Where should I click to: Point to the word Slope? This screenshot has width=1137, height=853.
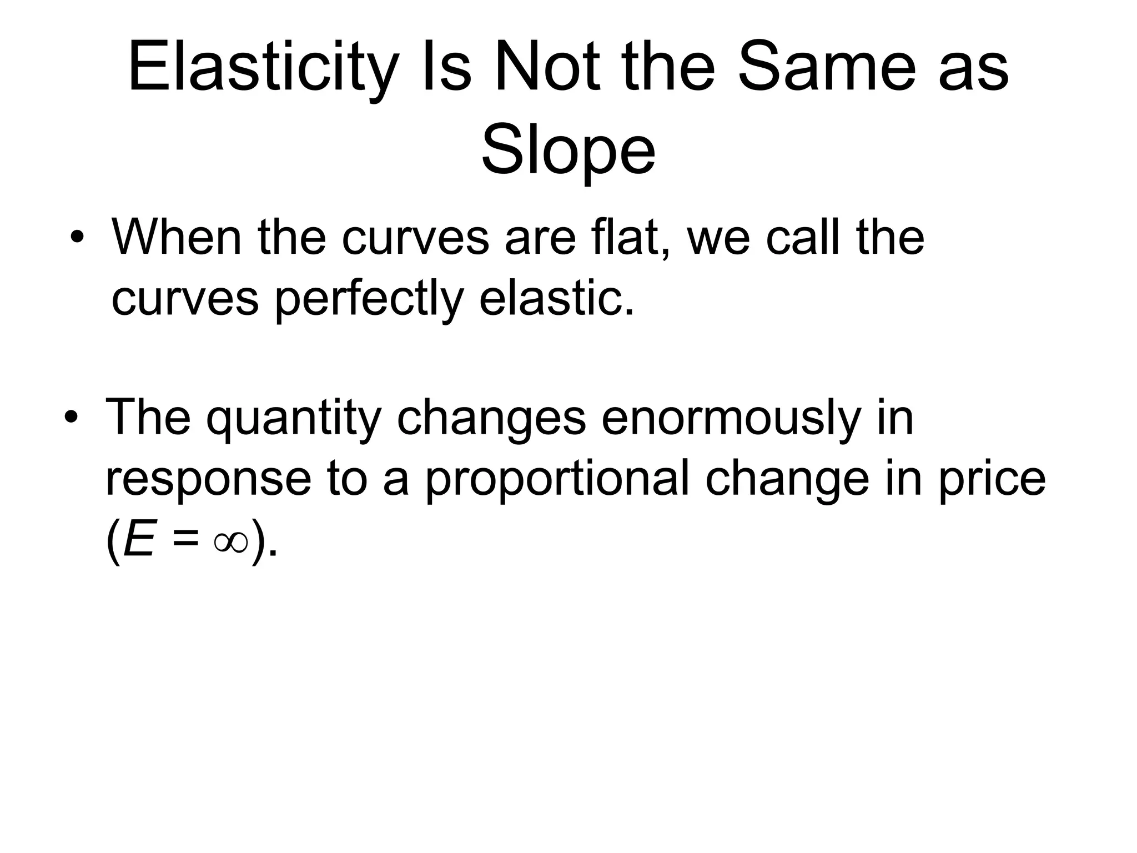click(568, 151)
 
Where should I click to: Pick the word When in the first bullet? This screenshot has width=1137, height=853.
click(177, 237)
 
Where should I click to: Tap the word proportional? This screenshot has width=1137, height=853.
click(557, 480)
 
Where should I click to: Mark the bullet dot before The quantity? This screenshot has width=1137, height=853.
click(71, 418)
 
